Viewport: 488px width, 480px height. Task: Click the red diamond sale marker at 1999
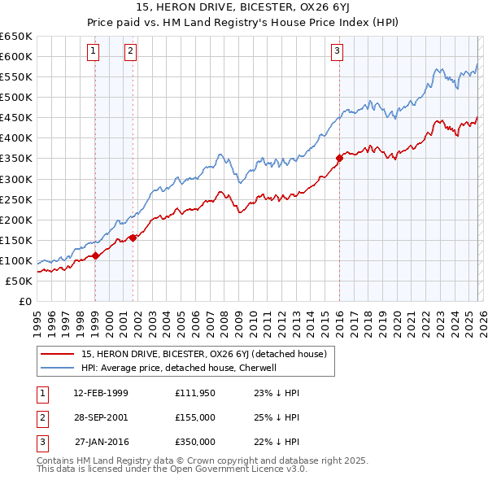pyautogui.click(x=95, y=255)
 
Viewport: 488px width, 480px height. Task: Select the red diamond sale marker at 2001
pyautogui.click(x=133, y=238)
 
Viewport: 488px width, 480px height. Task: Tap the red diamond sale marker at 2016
pyautogui.click(x=339, y=158)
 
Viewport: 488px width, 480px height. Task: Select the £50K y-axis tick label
pyautogui.click(x=20, y=281)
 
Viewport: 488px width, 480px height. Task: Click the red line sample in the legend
pyautogui.click(x=58, y=354)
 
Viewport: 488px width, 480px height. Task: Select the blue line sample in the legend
pyautogui.click(x=58, y=368)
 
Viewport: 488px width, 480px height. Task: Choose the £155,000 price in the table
pyautogui.click(x=195, y=417)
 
